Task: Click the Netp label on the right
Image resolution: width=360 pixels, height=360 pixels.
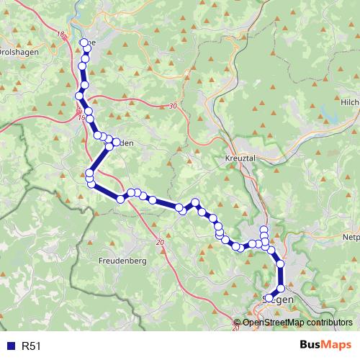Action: click(x=351, y=236)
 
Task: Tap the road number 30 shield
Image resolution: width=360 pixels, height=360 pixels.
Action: click(x=172, y=107)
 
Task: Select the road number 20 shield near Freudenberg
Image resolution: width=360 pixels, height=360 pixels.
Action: click(x=159, y=243)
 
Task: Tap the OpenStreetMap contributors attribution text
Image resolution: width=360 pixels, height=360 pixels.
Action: click(x=297, y=323)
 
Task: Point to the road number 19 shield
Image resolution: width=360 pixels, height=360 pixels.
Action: click(x=82, y=117)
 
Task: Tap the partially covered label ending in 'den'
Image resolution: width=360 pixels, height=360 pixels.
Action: click(x=124, y=143)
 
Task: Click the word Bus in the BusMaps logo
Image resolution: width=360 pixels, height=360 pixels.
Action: click(x=311, y=346)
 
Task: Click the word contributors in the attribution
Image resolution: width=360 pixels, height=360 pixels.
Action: click(x=328, y=323)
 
